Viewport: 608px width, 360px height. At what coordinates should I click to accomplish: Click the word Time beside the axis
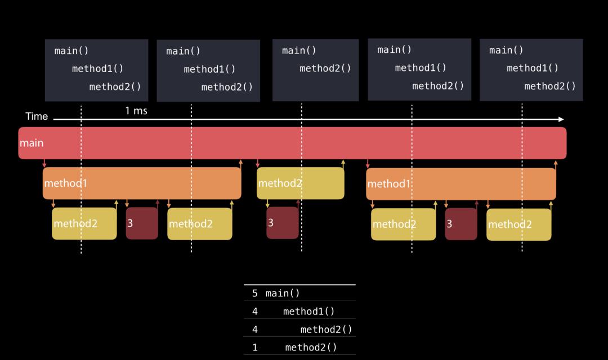[x=37, y=116]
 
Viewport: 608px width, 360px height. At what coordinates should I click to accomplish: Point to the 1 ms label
[x=136, y=111]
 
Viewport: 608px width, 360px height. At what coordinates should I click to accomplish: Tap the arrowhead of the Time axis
[x=561, y=119]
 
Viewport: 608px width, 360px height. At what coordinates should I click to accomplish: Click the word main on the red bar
[x=32, y=143]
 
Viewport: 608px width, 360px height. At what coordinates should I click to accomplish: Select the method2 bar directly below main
[x=300, y=183]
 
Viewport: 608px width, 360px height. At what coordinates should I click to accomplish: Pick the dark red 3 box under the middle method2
[x=283, y=223]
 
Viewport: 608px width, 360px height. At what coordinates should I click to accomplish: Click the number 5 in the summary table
[x=255, y=293]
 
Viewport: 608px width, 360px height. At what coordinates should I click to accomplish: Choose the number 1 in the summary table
[x=255, y=347]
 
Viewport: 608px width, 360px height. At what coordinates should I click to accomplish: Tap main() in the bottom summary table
[x=283, y=293]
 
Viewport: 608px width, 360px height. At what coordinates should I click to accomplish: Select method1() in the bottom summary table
[x=309, y=311]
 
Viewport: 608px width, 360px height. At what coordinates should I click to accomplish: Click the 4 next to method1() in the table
[x=255, y=311]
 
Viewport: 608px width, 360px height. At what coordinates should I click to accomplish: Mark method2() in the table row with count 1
[x=311, y=347]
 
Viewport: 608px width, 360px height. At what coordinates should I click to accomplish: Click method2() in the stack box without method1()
[x=325, y=69]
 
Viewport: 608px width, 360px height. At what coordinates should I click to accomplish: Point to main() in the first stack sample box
[x=71, y=51]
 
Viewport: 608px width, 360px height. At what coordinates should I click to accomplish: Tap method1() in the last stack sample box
[x=532, y=68]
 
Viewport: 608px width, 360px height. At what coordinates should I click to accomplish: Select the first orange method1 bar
[x=142, y=183]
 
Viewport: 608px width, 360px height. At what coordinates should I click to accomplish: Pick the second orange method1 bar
[x=461, y=184]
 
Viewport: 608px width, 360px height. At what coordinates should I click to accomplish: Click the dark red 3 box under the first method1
[x=142, y=223]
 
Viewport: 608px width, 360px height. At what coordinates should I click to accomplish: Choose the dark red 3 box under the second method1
[x=461, y=224]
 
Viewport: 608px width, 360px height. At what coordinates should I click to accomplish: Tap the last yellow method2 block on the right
[x=518, y=224]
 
